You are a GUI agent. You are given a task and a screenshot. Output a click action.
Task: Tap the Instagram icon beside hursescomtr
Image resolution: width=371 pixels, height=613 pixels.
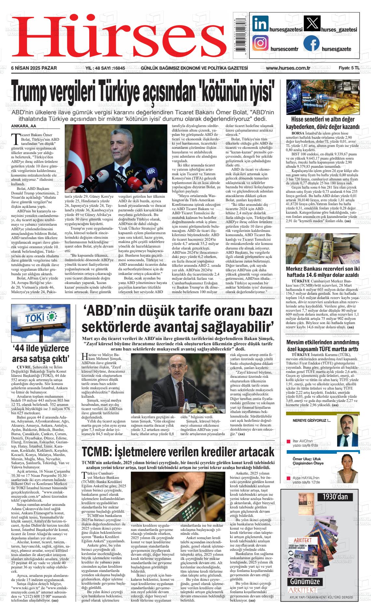pyautogui.click(x=260, y=43)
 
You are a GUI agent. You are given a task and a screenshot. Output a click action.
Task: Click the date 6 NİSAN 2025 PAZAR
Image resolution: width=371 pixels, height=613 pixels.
pyautogui.click(x=34, y=68)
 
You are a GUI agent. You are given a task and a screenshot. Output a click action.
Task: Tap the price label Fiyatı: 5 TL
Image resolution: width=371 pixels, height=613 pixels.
pyautogui.click(x=349, y=68)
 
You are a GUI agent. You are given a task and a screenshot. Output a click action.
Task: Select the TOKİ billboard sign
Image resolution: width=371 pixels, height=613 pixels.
pyautogui.click(x=40, y=317)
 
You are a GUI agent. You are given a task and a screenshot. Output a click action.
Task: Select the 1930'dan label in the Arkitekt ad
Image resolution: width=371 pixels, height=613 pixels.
pyautogui.click(x=335, y=497)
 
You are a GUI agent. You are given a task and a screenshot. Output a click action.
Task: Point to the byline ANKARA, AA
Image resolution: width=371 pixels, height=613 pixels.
pyautogui.click(x=24, y=126)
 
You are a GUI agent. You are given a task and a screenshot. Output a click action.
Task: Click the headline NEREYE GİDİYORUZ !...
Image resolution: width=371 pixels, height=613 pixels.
pyautogui.click(x=311, y=421)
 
